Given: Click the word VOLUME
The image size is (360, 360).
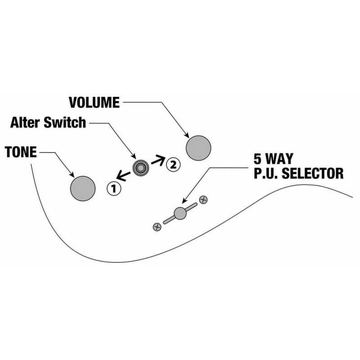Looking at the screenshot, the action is [94, 103].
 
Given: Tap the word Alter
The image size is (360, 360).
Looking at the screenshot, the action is [25, 122].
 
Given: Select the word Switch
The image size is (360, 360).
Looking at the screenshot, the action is [65, 122].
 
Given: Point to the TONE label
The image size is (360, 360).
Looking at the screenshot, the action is [21, 152].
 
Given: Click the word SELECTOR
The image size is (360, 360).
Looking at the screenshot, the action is [312, 173].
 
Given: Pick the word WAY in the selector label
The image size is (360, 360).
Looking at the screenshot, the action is [279, 159].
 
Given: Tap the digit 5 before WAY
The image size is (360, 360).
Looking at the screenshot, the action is [257, 159].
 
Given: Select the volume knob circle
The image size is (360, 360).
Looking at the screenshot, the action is [198, 148].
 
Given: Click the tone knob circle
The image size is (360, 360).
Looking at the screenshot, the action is [83, 189].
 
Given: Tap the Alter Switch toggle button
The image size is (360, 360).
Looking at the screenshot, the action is [141, 168].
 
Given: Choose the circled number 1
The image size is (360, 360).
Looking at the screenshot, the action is [114, 189].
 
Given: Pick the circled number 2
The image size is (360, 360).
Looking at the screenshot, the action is [173, 164].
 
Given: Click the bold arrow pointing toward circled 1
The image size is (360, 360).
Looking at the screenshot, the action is [123, 176].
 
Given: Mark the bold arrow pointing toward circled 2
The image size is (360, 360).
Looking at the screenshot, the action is [158, 160].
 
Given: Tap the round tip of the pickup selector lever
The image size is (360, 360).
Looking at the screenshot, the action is [180, 213].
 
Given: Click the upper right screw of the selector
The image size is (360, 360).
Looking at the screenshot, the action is [203, 200].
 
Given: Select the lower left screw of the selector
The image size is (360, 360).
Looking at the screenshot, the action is [157, 227].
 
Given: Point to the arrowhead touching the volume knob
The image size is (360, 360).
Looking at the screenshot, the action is [187, 135].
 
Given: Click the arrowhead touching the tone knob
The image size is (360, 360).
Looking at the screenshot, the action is [72, 175].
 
